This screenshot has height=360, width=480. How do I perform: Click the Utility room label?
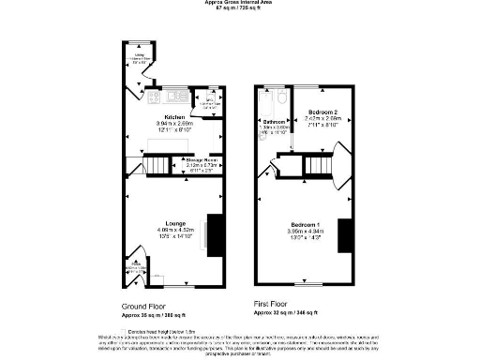[x=138, y=55]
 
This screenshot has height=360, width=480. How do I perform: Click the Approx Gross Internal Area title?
[x=239, y=3]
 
